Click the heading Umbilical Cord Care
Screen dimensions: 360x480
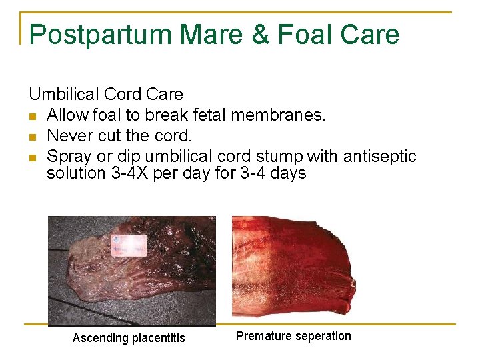click(105, 94)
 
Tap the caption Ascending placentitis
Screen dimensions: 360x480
click(129, 338)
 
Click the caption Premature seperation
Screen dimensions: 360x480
click(293, 336)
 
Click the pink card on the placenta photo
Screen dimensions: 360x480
click(129, 245)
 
